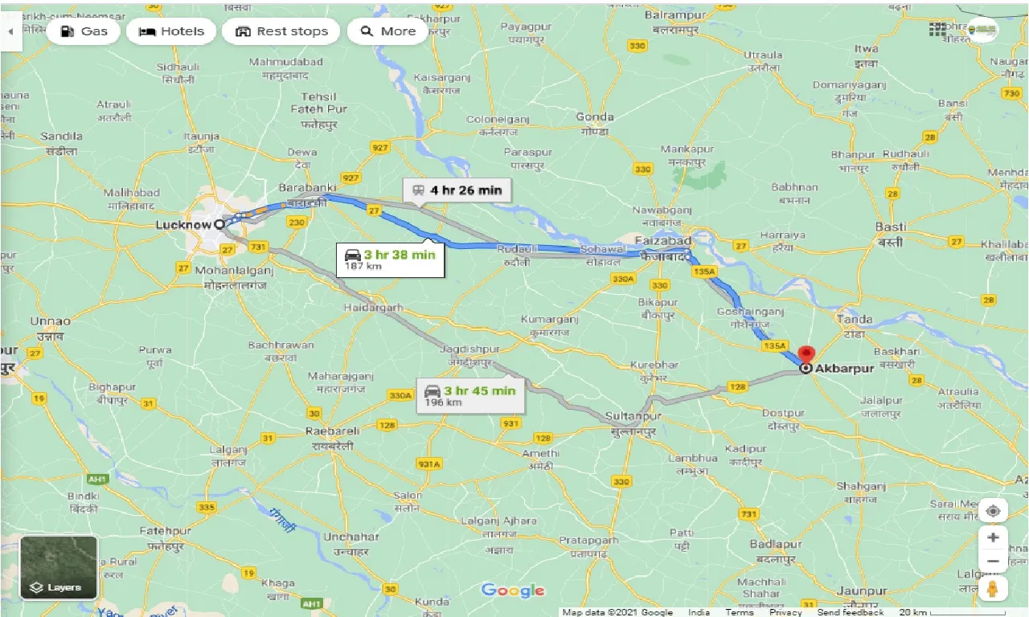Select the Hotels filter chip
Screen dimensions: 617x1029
click(x=171, y=31)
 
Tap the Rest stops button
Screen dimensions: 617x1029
click(x=281, y=31)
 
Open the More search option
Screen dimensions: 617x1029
click(x=387, y=31)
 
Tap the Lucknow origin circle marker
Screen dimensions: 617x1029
click(x=219, y=225)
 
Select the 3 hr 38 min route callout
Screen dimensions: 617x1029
click(x=390, y=259)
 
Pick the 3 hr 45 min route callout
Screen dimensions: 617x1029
click(x=470, y=394)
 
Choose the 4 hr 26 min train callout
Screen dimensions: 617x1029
click(x=457, y=190)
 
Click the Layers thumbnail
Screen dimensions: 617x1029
click(x=59, y=568)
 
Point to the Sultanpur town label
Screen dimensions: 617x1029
click(x=634, y=416)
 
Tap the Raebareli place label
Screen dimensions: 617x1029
click(x=330, y=431)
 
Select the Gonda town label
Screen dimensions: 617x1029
click(x=595, y=117)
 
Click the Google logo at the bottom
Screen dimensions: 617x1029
click(x=513, y=591)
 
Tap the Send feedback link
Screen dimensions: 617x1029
click(x=852, y=612)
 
